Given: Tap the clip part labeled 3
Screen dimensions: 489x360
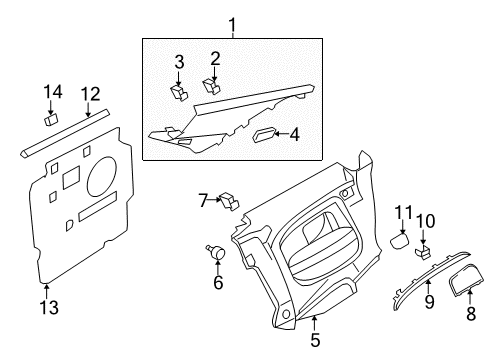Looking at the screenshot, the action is point(179,92).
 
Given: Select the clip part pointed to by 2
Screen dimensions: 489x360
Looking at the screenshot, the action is point(212,86).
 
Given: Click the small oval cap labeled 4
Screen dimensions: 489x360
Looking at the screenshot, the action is point(264,135).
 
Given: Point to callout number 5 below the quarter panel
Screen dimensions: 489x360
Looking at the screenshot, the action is point(315,340).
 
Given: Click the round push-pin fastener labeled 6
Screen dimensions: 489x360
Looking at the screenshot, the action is point(216,251).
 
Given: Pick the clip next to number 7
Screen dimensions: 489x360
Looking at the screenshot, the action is point(229,201).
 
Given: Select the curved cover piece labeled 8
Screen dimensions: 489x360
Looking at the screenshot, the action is point(465,279).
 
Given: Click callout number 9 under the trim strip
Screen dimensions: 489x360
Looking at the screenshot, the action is point(429,302).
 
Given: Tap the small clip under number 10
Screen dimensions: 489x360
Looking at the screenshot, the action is point(423,252).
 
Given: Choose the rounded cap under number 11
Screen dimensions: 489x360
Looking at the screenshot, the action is point(400,241).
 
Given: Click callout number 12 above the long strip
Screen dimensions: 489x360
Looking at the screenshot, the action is point(91,94).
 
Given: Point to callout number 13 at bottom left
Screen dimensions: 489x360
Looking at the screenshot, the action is point(49,307).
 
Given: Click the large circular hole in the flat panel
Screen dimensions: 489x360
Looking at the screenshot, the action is point(102,176).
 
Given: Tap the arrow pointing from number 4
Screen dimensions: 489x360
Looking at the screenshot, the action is point(281,134).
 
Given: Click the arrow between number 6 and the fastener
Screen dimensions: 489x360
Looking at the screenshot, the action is point(218,266).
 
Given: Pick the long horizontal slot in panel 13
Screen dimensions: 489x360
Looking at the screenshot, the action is point(98,206).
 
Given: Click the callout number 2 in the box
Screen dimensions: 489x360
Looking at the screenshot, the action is point(215,58).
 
